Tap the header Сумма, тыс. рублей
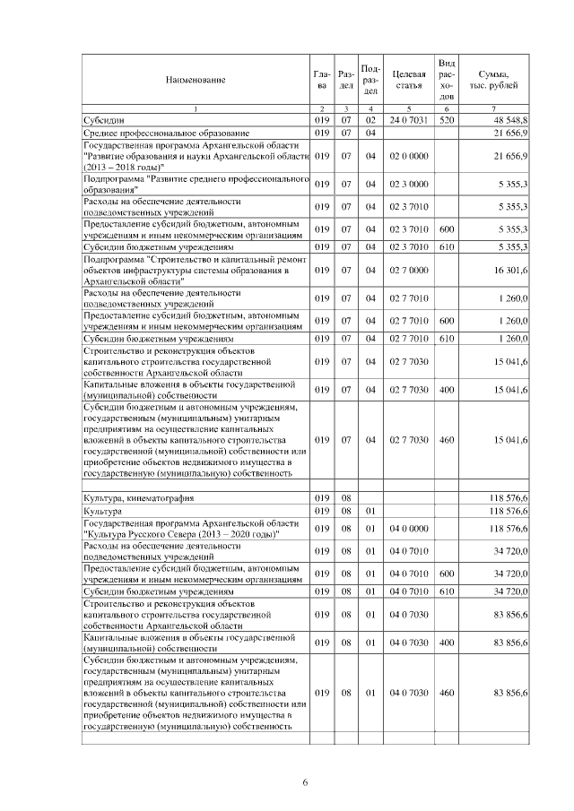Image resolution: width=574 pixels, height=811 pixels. click(495, 80)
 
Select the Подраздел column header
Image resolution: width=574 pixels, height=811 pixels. click(370, 80)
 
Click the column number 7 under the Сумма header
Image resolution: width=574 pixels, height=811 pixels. click(495, 108)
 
